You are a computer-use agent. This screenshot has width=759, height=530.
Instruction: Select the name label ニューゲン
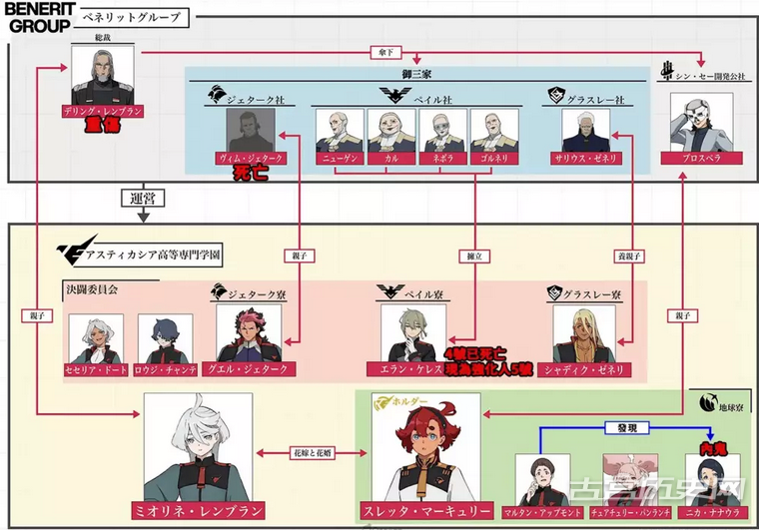[x=339, y=158]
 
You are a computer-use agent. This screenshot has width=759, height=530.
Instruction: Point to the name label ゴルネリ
[x=494, y=158]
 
